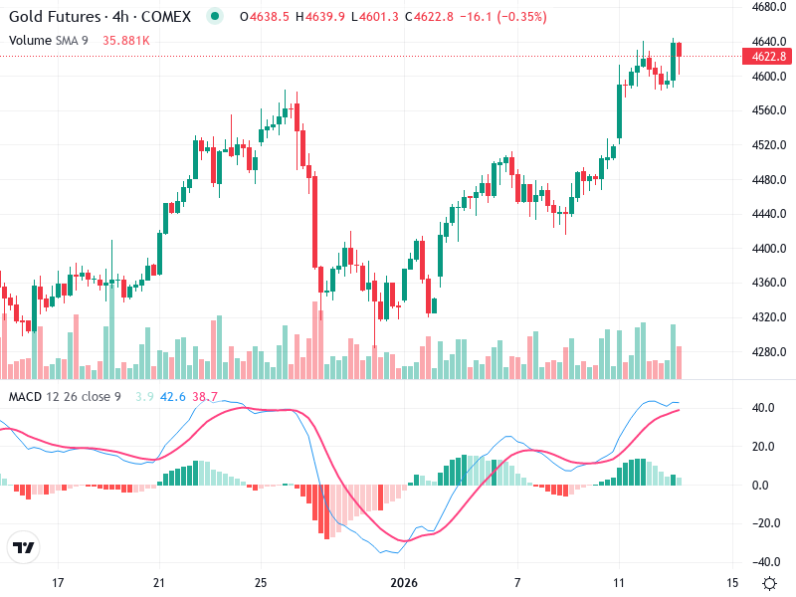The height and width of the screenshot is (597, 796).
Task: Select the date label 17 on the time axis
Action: click(58, 581)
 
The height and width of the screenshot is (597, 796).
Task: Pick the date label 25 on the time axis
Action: click(260, 581)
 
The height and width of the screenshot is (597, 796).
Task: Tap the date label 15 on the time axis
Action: click(734, 581)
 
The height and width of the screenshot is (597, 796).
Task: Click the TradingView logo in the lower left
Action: click(24, 548)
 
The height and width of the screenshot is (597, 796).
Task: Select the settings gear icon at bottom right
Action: click(769, 582)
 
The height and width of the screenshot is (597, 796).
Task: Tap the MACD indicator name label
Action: click(26, 397)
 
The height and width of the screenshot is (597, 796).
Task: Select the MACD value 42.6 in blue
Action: click(173, 397)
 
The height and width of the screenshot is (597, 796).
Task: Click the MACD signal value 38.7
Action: click(205, 397)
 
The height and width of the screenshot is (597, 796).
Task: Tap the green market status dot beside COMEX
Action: click(215, 17)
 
